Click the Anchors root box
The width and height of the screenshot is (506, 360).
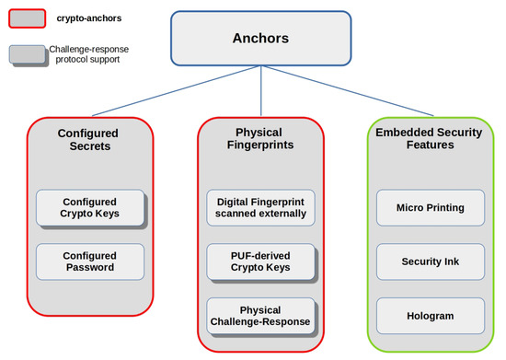(x=261, y=40)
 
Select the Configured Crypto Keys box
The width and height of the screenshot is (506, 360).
(x=90, y=208)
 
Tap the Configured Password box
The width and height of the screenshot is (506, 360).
(x=90, y=261)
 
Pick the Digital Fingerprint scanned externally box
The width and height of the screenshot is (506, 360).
(x=260, y=208)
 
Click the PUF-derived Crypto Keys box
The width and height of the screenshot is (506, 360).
(x=260, y=261)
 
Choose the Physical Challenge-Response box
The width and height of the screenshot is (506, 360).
(x=260, y=315)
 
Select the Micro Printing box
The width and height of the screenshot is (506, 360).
(x=432, y=208)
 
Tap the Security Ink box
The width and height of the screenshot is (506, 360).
(x=432, y=261)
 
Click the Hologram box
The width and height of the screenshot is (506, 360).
(x=432, y=315)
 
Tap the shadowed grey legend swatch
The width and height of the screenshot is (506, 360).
(x=29, y=54)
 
